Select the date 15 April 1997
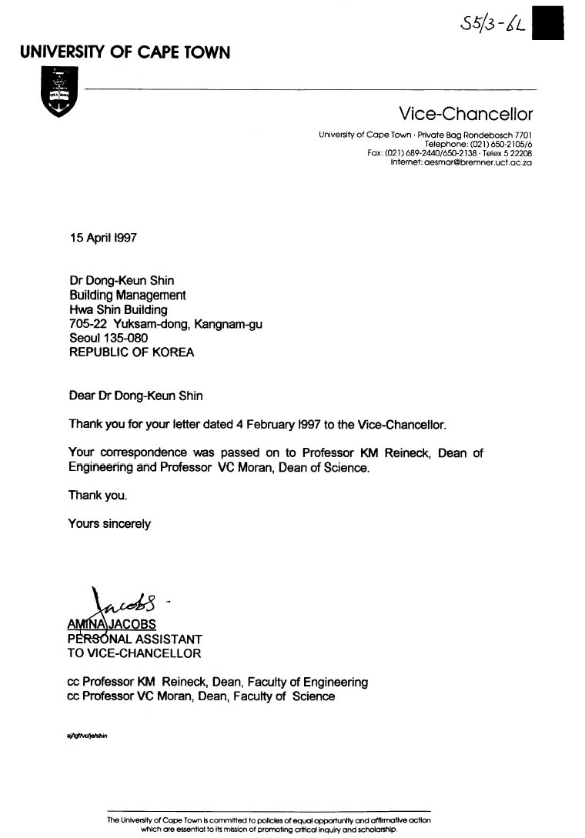point(103,239)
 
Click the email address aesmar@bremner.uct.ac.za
point(461,162)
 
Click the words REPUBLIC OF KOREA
point(132,353)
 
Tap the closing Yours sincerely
point(109,524)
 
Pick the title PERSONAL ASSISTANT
point(135,639)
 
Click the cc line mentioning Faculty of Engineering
point(218,682)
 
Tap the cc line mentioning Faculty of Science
point(202,696)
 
